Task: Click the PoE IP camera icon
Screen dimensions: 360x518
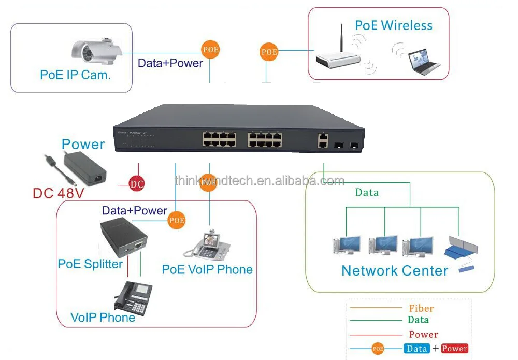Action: click(97, 50)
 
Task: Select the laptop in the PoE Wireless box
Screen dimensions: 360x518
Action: click(422, 61)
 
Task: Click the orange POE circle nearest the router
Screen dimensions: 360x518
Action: click(269, 52)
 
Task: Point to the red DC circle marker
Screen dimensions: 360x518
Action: click(137, 184)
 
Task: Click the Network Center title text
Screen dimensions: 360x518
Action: click(395, 270)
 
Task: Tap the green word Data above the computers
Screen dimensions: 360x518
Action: click(367, 193)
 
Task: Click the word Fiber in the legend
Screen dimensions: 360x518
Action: click(421, 308)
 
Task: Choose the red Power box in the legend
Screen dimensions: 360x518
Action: click(454, 349)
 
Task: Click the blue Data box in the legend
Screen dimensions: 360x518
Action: click(416, 349)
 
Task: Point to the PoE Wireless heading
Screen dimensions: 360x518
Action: click(394, 25)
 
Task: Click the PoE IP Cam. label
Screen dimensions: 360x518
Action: click(76, 75)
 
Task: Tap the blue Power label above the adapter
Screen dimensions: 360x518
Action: click(83, 144)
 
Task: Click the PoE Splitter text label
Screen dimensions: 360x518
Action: click(90, 264)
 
